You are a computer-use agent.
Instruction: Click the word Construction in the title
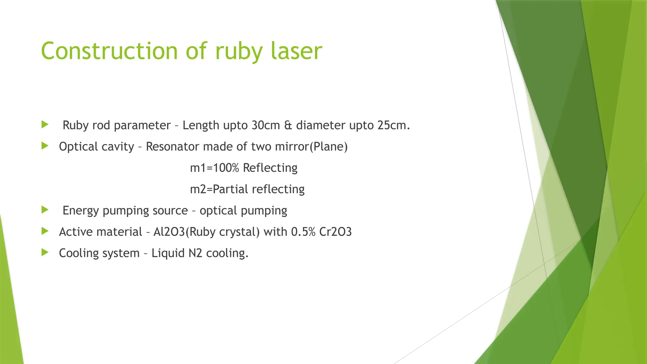[109, 51]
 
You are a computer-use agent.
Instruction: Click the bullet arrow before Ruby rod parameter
[45, 124]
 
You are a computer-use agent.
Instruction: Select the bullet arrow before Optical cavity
[45, 146]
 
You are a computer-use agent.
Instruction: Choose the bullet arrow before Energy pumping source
[45, 210]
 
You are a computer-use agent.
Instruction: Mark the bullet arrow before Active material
[45, 231]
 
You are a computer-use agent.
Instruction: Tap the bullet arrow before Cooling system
[45, 252]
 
